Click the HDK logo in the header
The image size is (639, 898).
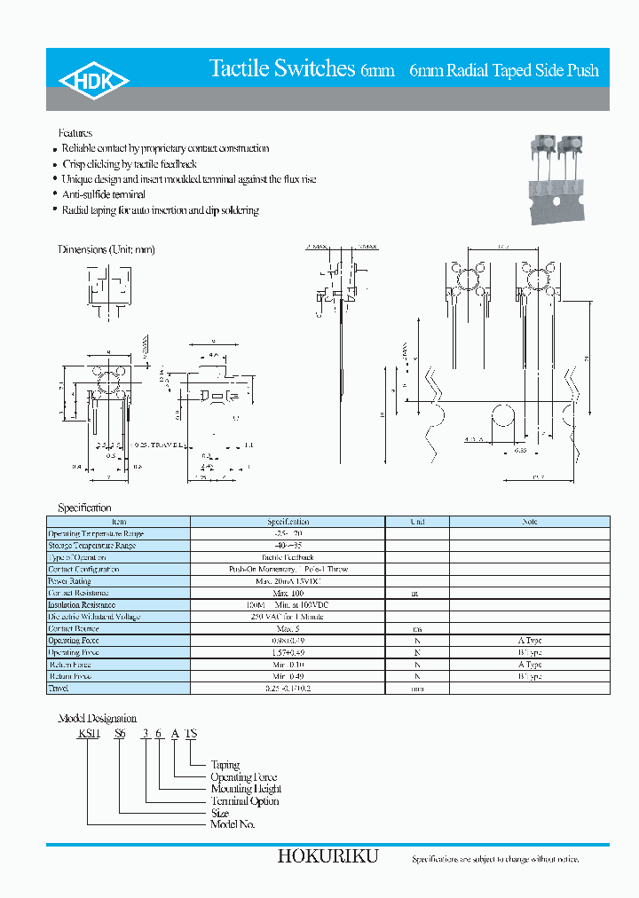point(94,81)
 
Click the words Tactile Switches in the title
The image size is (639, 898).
point(281,69)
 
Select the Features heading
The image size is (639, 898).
point(75,133)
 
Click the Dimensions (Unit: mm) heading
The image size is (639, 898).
point(106,250)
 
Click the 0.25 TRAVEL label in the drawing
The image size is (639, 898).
point(161,445)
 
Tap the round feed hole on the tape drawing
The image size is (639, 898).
point(501,418)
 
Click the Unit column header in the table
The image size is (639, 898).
point(417,522)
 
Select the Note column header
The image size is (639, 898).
point(530,522)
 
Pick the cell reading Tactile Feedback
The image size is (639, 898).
point(288,557)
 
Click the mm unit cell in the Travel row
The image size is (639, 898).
point(417,688)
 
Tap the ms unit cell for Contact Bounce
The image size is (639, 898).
point(417,628)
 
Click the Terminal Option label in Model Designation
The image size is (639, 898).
point(245,801)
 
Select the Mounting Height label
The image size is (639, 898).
point(246,789)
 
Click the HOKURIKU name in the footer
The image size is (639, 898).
point(327,856)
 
